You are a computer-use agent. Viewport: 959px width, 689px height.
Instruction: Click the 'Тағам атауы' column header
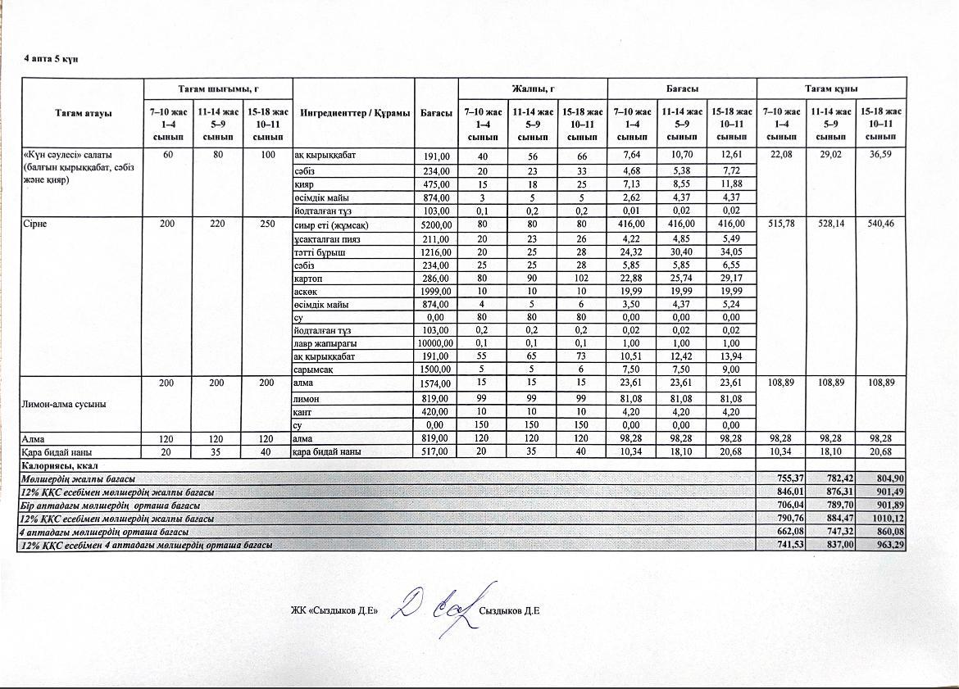[83, 112]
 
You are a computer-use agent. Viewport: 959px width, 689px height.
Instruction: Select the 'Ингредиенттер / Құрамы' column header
[354, 113]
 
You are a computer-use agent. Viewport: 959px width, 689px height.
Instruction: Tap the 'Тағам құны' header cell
[830, 88]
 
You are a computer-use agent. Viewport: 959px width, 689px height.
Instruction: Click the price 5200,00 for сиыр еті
[436, 225]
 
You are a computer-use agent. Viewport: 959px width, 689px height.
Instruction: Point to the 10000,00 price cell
[436, 343]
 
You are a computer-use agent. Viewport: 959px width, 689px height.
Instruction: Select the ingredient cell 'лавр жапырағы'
[324, 343]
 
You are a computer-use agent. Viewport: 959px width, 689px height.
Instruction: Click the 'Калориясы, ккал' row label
[54, 465]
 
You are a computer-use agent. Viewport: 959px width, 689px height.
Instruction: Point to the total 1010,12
[888, 519]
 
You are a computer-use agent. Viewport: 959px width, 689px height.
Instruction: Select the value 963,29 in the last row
[889, 544]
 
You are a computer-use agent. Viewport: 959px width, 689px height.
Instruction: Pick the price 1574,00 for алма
[436, 383]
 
